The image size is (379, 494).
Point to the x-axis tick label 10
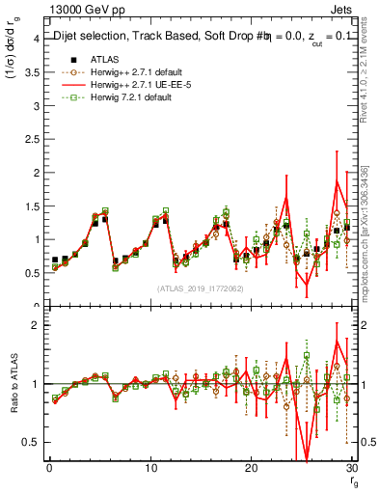[x=149, y=469]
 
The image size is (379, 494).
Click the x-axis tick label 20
[x=251, y=469]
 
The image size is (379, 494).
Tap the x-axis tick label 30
[x=351, y=469]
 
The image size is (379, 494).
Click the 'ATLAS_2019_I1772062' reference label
[x=200, y=288]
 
